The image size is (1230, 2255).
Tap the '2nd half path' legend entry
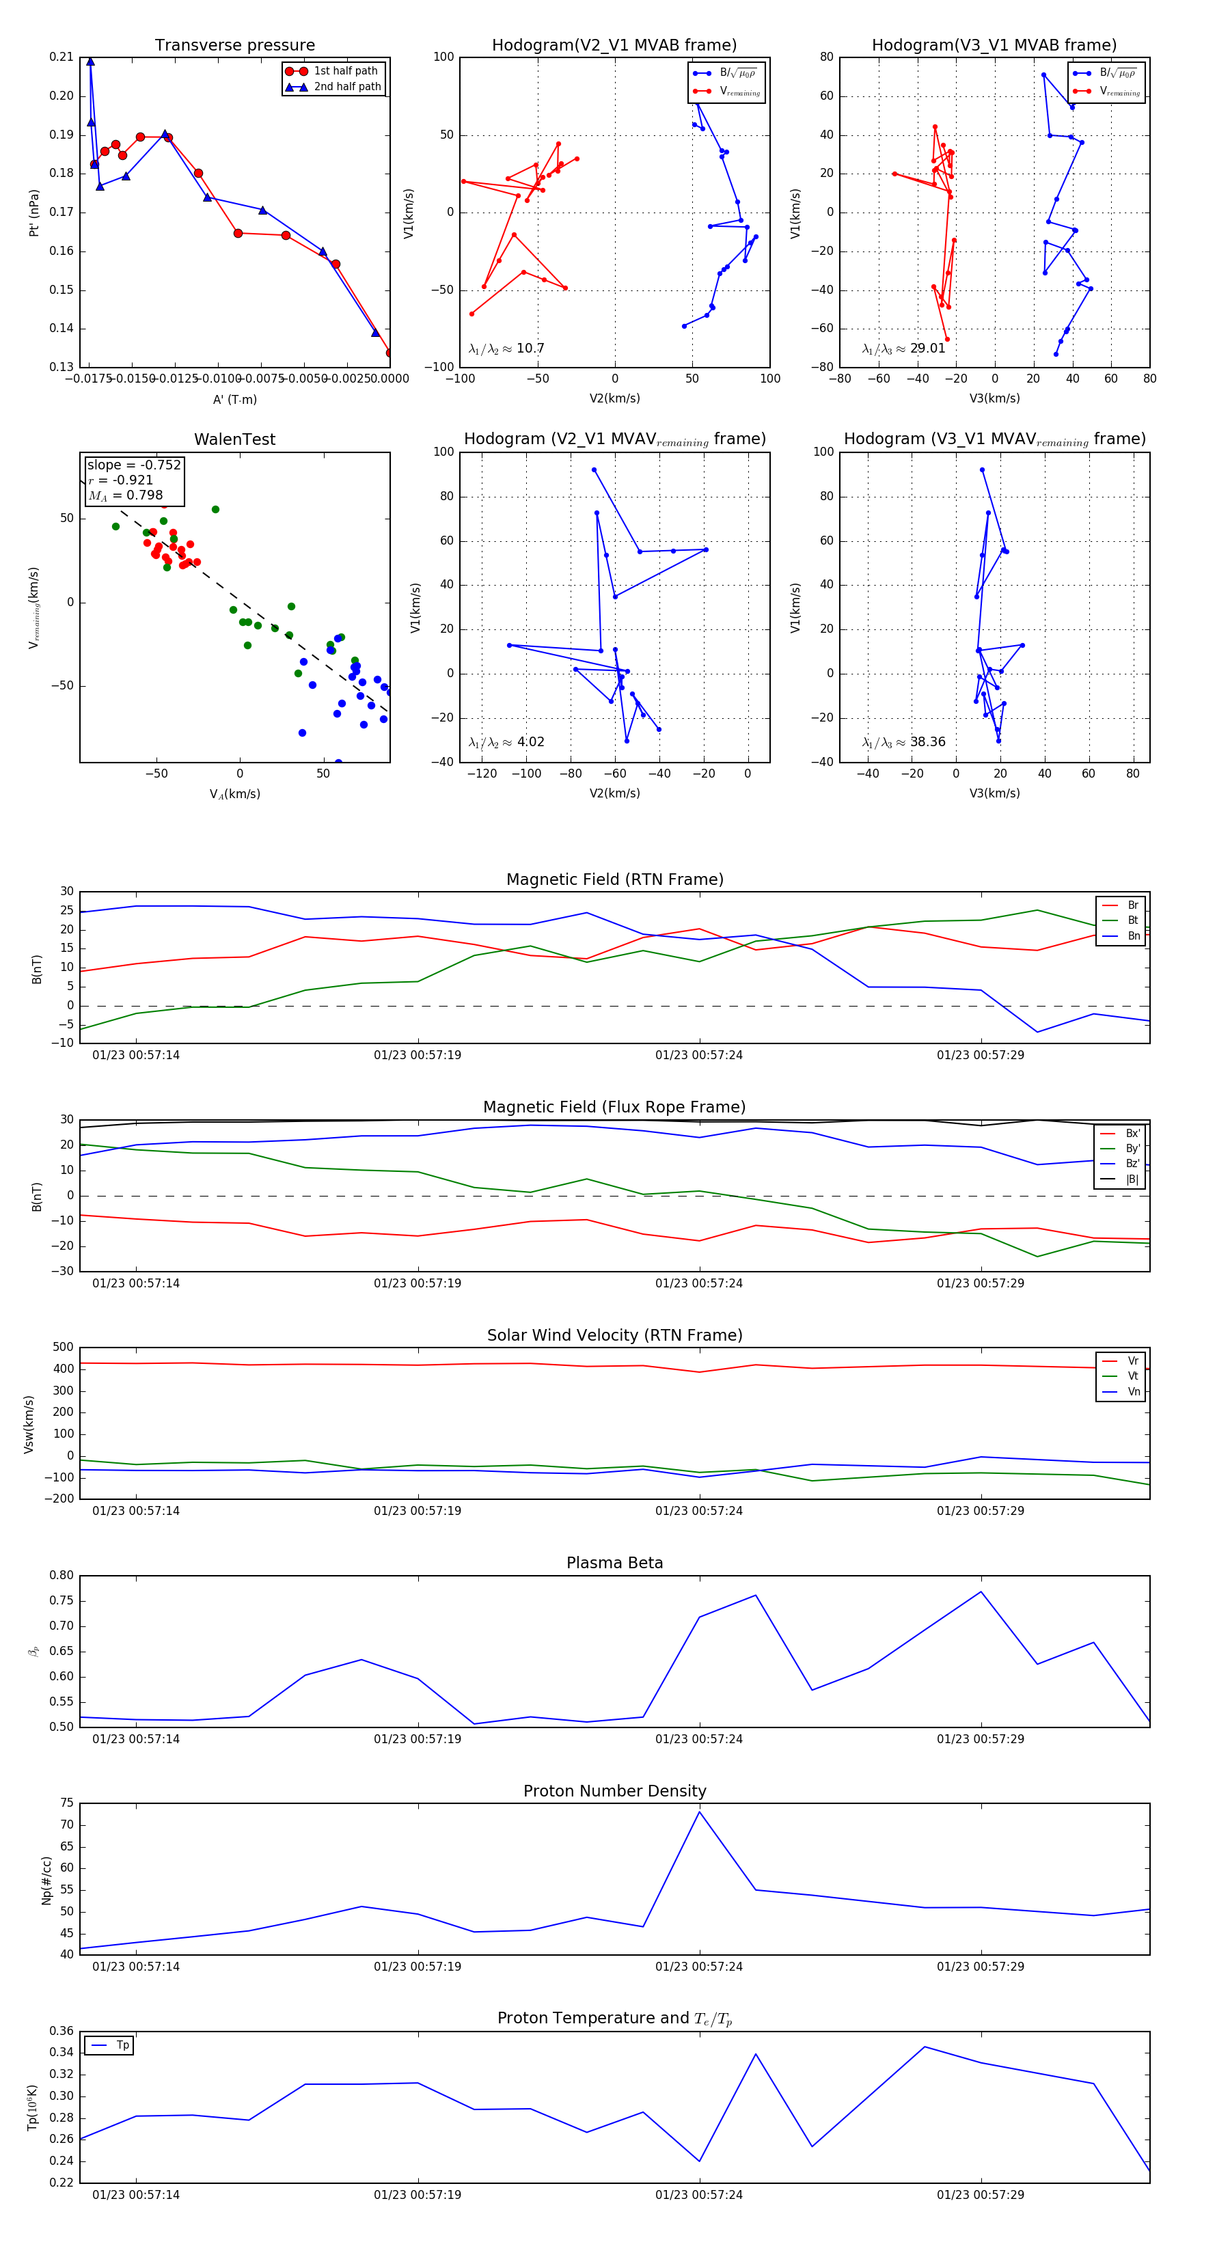click(x=346, y=87)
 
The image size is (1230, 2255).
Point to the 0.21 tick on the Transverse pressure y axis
click(x=61, y=57)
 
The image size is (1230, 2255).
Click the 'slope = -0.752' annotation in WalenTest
click(x=134, y=465)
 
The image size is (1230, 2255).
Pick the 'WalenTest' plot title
click(x=234, y=439)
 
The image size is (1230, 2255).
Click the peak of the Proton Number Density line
click(x=698, y=1812)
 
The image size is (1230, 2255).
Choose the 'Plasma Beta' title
click(x=614, y=1563)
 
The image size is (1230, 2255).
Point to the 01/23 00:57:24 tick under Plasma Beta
click(x=698, y=1738)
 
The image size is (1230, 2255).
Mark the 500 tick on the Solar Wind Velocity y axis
click(x=63, y=1348)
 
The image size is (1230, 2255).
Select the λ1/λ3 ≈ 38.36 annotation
click(x=903, y=742)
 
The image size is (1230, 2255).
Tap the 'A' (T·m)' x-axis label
click(x=234, y=399)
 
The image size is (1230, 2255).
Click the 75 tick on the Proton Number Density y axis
click(x=66, y=1803)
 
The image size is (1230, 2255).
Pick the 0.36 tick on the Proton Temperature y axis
click(x=61, y=2031)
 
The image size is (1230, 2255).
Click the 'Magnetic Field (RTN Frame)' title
click(x=614, y=879)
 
